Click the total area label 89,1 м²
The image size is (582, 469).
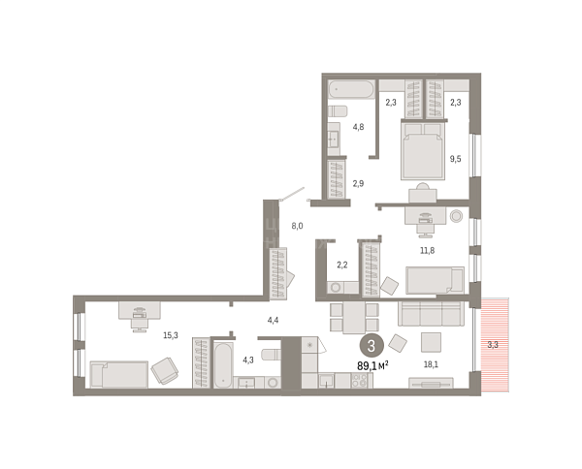coord(372,366)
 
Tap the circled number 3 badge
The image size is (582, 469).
coord(371,346)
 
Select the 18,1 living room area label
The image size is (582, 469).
coord(431,364)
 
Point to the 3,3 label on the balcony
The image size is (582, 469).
coord(493,345)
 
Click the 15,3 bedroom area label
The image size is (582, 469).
coord(171,335)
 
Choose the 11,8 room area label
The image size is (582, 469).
coord(427,251)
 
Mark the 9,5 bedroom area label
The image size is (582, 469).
coord(456,159)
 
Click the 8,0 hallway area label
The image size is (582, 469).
coord(298,226)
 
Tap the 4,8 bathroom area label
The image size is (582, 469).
coord(358,127)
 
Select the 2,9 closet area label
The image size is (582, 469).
coord(358,183)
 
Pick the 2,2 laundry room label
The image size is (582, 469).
coord(341,266)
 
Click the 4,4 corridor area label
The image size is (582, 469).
coord(273,320)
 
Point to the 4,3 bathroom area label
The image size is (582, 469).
coord(248,360)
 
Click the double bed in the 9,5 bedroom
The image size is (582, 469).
coord(423,151)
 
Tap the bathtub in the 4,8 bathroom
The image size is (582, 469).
coord(351,89)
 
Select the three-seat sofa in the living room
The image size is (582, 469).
coord(431,313)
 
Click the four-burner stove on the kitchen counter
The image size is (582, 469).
coord(359,381)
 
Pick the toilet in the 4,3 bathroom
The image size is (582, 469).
coord(271,355)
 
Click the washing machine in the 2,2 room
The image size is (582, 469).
coord(336,288)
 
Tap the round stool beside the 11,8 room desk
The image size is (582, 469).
coord(456,216)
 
